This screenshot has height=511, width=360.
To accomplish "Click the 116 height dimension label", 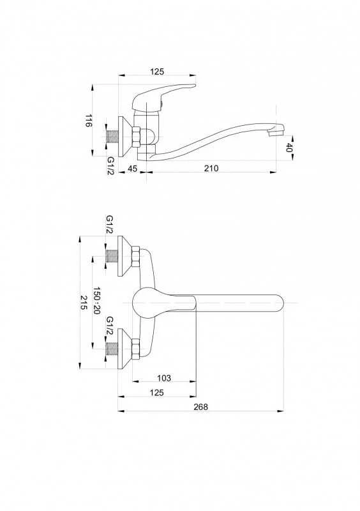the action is [89, 120].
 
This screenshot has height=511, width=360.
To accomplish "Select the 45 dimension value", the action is [132, 168].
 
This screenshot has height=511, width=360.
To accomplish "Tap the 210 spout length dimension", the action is [211, 168].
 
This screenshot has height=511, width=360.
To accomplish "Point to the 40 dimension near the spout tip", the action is [289, 148].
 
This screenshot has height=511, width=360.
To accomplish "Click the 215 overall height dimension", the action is [84, 303].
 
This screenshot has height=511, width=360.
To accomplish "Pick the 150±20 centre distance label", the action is [96, 300].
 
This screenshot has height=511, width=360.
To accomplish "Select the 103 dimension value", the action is [164, 378].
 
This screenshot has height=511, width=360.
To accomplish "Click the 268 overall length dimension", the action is [200, 407].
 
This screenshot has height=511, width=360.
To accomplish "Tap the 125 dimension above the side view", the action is [157, 72].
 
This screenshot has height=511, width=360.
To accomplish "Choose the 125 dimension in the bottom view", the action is [157, 393].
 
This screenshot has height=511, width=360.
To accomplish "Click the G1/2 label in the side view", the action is [111, 165].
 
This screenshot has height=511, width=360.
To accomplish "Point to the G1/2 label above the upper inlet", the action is [109, 224].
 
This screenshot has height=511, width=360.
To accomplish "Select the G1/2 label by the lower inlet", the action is [110, 326].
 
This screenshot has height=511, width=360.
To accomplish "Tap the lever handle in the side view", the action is [163, 96].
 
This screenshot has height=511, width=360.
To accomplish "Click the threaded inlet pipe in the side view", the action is [113, 137].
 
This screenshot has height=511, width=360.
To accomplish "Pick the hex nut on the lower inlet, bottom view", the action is [136, 349].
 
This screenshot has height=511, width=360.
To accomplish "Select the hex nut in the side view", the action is [136, 137].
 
